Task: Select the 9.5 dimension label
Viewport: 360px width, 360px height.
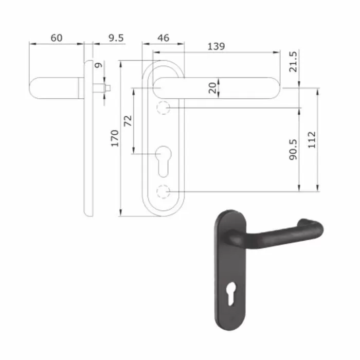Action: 116,38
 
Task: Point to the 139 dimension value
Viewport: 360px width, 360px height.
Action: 216,46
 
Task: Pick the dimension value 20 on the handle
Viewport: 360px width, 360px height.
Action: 213,87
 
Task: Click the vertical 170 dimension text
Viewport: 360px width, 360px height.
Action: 115,138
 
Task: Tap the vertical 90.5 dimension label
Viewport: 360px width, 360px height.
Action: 293,149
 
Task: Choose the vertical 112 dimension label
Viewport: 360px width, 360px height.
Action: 312,140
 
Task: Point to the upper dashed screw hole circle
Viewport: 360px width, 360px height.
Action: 163,107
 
